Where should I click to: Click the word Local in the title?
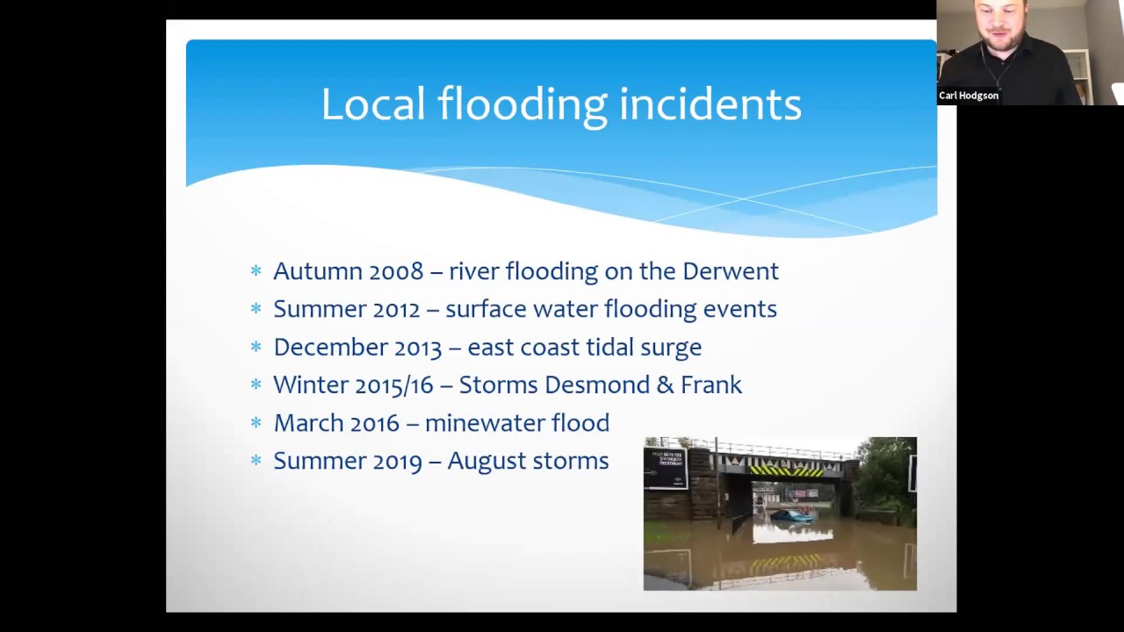371,104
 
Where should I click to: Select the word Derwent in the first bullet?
730,271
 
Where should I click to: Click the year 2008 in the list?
396,271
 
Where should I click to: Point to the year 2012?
396,309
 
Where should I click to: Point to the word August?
484,461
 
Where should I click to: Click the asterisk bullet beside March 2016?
256,423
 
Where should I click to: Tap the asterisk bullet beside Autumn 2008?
256,271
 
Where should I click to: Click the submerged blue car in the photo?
791,516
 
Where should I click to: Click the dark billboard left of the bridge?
665,468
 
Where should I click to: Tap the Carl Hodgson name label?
969,96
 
